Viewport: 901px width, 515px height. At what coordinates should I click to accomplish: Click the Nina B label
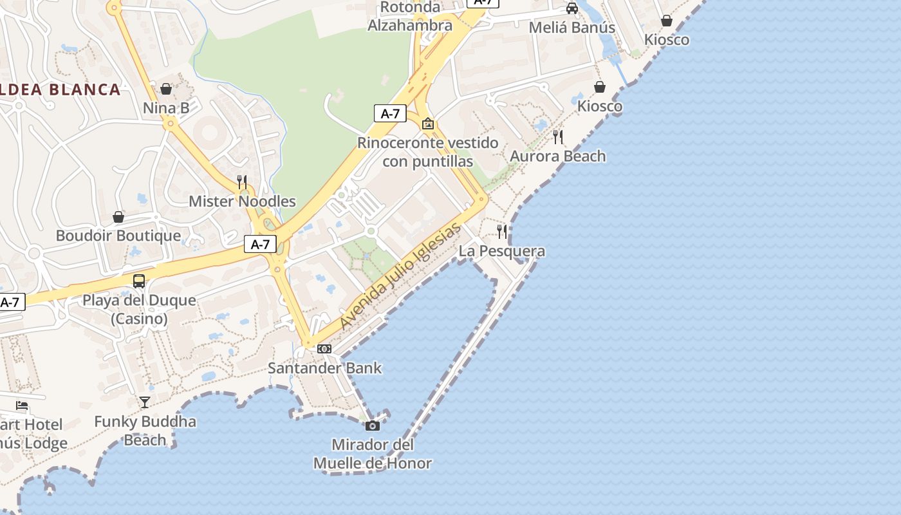pyautogui.click(x=166, y=108)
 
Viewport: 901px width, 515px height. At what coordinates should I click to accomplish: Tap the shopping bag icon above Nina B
pyautogui.click(x=166, y=89)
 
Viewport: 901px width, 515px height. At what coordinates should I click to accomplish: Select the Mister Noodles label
pyautogui.click(x=242, y=201)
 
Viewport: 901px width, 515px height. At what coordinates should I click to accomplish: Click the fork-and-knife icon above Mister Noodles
pyautogui.click(x=242, y=182)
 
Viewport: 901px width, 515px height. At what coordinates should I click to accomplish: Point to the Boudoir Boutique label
pyautogui.click(x=118, y=236)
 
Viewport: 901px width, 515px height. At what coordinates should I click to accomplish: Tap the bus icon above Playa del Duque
pyautogui.click(x=139, y=281)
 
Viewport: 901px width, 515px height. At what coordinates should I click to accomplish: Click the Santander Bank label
pyautogui.click(x=324, y=368)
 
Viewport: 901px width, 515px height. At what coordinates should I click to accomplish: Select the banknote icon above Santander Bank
pyautogui.click(x=324, y=349)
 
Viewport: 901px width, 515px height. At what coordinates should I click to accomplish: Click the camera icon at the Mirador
pyautogui.click(x=373, y=426)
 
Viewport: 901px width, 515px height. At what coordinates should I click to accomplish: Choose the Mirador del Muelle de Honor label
pyautogui.click(x=373, y=454)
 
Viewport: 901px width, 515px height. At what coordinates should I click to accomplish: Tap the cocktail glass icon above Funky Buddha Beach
pyautogui.click(x=145, y=402)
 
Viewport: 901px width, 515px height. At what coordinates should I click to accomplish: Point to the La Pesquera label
pyautogui.click(x=502, y=251)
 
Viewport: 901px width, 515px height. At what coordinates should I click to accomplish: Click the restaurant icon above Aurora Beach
pyautogui.click(x=558, y=136)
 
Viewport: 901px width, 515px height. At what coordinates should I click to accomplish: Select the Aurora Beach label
pyautogui.click(x=558, y=156)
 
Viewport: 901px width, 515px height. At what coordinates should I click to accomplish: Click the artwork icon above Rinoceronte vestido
pyautogui.click(x=428, y=124)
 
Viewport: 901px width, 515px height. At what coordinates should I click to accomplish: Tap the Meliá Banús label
pyautogui.click(x=571, y=28)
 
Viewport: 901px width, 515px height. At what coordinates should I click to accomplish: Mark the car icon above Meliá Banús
pyautogui.click(x=571, y=8)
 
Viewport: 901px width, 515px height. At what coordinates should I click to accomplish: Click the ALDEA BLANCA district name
pyautogui.click(x=61, y=89)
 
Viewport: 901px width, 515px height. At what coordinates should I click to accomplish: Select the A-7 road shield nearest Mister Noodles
pyautogui.click(x=261, y=244)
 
